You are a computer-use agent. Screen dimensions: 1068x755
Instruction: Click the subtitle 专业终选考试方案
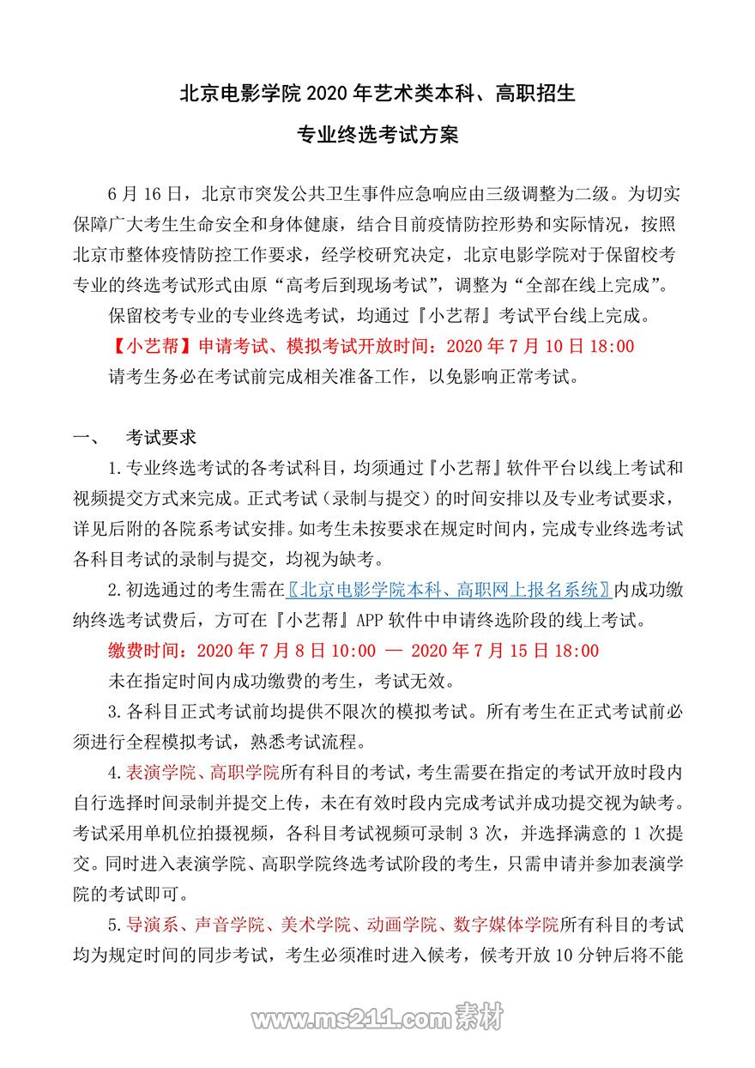(377, 135)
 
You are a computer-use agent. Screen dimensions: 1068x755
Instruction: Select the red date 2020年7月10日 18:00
(541, 346)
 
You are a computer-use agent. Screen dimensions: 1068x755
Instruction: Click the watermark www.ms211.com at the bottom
(351, 1018)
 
